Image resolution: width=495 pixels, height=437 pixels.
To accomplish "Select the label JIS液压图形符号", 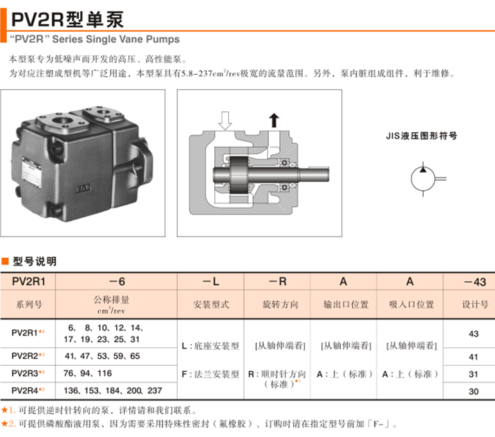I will (421, 136).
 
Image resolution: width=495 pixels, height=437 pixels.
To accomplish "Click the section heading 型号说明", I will (34, 261).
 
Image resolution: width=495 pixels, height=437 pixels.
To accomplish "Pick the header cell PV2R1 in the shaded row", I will (28, 282).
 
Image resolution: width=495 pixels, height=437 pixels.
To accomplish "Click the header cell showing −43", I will (473, 282).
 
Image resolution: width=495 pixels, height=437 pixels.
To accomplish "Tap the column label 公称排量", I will (116, 299).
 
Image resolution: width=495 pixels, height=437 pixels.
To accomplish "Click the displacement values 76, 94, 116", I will (88, 373).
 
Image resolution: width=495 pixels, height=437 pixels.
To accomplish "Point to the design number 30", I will (474, 391).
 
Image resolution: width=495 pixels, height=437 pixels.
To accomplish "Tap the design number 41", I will (474, 356).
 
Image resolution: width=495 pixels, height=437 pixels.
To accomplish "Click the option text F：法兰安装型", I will (210, 373).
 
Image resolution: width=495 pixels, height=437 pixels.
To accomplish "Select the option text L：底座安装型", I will (210, 344).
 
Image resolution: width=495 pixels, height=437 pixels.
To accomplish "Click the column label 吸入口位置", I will (410, 304).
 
